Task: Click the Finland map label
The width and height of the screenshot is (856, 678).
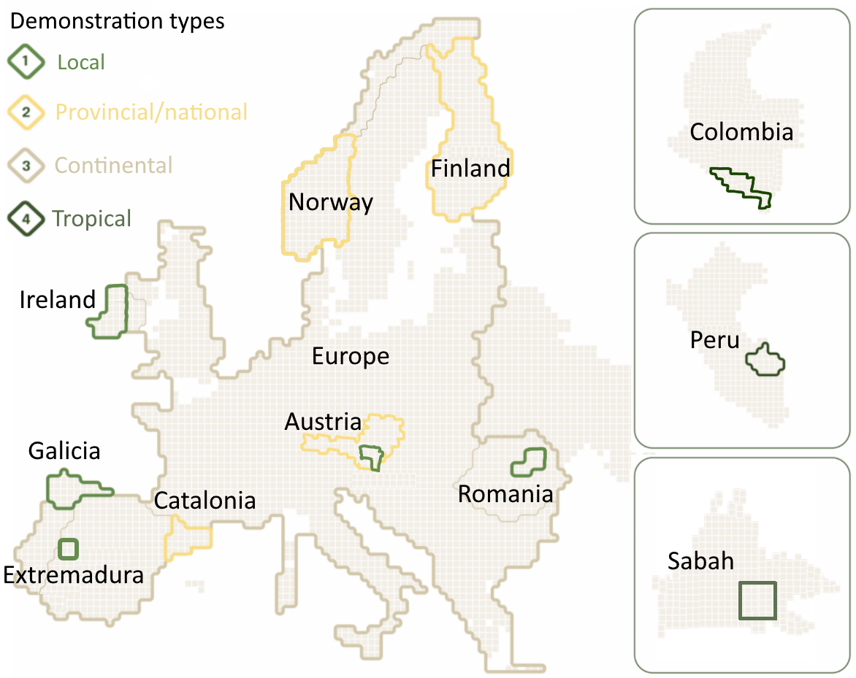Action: pyautogui.click(x=470, y=169)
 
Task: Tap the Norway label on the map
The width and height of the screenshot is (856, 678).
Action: pyautogui.click(x=330, y=201)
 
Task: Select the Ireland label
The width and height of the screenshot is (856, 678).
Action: pyautogui.click(x=58, y=299)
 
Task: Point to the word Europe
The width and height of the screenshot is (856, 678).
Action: pyautogui.click(x=351, y=357)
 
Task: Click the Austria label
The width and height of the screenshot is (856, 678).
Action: pyautogui.click(x=323, y=422)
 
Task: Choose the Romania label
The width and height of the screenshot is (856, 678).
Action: pyautogui.click(x=505, y=494)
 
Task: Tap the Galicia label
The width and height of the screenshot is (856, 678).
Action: pyautogui.click(x=64, y=451)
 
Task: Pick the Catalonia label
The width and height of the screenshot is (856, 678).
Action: pyautogui.click(x=205, y=501)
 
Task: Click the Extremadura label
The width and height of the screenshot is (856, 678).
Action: pyautogui.click(x=73, y=575)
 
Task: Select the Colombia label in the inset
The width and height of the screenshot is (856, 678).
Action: pyautogui.click(x=741, y=132)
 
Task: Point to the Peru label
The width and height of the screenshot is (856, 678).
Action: pyautogui.click(x=714, y=340)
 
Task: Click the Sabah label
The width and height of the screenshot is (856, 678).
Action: pyautogui.click(x=700, y=560)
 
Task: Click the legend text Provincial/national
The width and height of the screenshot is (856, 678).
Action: pyautogui.click(x=152, y=112)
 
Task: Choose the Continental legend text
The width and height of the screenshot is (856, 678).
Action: pyautogui.click(x=114, y=166)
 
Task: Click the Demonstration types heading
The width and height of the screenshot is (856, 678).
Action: pyautogui.click(x=117, y=21)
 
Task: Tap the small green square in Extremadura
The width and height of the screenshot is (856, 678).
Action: pyautogui.click(x=68, y=548)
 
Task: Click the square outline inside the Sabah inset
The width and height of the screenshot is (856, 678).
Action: pyautogui.click(x=757, y=601)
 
